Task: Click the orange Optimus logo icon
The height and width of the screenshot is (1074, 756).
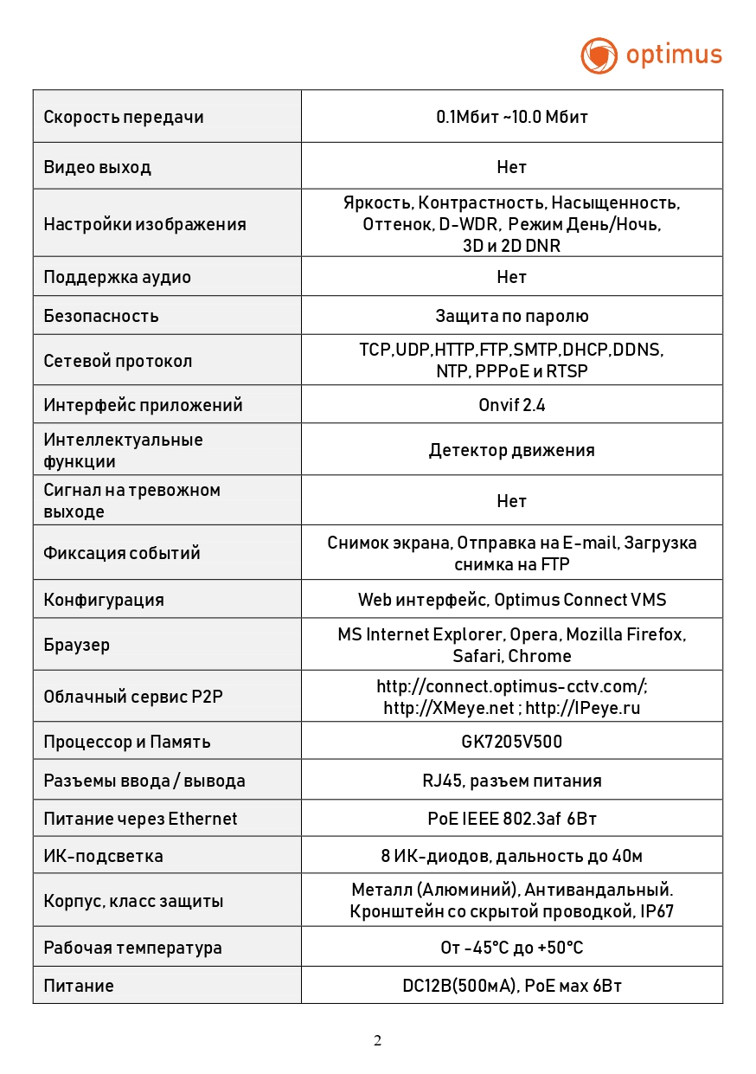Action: (x=599, y=55)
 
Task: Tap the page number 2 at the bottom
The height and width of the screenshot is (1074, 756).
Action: (x=377, y=1040)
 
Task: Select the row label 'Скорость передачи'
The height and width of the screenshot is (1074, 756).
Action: (x=124, y=117)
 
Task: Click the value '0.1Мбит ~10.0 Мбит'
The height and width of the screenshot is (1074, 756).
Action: (x=512, y=117)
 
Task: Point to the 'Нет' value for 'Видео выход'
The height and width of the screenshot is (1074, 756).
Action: (x=512, y=166)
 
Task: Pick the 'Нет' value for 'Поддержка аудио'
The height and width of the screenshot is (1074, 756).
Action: (x=512, y=277)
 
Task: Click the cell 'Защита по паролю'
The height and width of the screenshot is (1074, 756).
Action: (x=512, y=316)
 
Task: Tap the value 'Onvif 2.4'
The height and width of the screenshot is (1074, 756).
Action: (x=512, y=405)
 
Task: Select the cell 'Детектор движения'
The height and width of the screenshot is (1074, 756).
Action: (x=512, y=450)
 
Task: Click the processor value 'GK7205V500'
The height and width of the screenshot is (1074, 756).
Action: (x=512, y=742)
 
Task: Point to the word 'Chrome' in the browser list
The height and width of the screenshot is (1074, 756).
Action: (x=540, y=656)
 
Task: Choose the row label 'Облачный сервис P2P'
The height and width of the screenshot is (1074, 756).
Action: (x=133, y=696)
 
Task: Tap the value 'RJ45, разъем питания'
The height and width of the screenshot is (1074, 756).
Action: (x=512, y=781)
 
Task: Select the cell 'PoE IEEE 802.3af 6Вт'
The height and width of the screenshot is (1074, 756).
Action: (x=512, y=819)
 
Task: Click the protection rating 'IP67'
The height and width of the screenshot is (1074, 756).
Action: (x=657, y=911)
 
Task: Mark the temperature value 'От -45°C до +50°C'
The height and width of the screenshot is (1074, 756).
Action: (x=512, y=948)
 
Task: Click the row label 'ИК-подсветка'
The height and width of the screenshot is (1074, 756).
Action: (x=104, y=856)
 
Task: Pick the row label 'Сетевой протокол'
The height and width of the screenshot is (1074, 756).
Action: (x=119, y=361)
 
